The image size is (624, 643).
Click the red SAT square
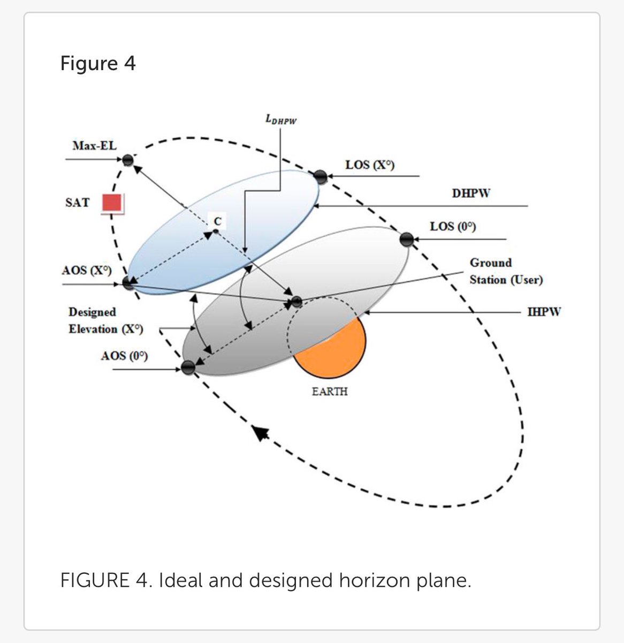(x=113, y=204)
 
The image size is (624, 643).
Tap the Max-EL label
(x=94, y=145)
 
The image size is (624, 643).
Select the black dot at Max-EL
(x=128, y=160)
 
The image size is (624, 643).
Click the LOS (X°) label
(x=370, y=165)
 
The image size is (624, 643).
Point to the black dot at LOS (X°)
(x=320, y=176)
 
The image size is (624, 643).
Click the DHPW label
(x=470, y=193)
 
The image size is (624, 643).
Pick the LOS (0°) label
(x=453, y=227)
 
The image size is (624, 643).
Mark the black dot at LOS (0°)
(x=406, y=239)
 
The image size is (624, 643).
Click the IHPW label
(x=544, y=311)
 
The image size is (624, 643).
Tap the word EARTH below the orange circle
(x=330, y=392)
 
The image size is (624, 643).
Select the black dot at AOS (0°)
(x=188, y=368)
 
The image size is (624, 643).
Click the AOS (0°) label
(x=124, y=356)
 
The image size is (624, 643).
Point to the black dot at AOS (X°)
(x=128, y=283)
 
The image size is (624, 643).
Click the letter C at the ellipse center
(x=218, y=221)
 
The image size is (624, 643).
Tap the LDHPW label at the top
(x=281, y=120)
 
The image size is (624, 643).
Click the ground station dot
(x=296, y=302)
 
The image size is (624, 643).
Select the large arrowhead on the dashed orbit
(x=261, y=432)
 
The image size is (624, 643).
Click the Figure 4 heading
(x=98, y=64)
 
